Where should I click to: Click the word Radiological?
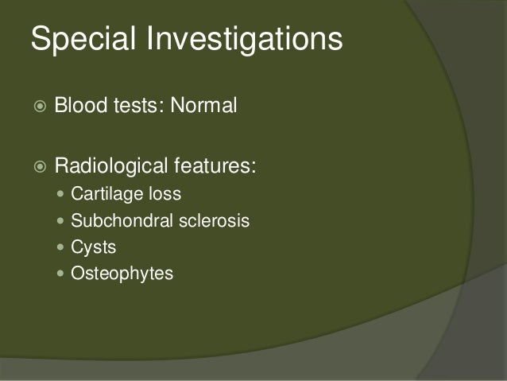pos(110,168)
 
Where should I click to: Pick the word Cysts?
pos(93,247)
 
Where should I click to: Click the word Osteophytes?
pos(122,274)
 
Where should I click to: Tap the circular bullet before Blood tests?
pos(36,107)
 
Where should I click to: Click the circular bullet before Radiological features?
pos(36,169)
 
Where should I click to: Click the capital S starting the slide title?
pos(41,39)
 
